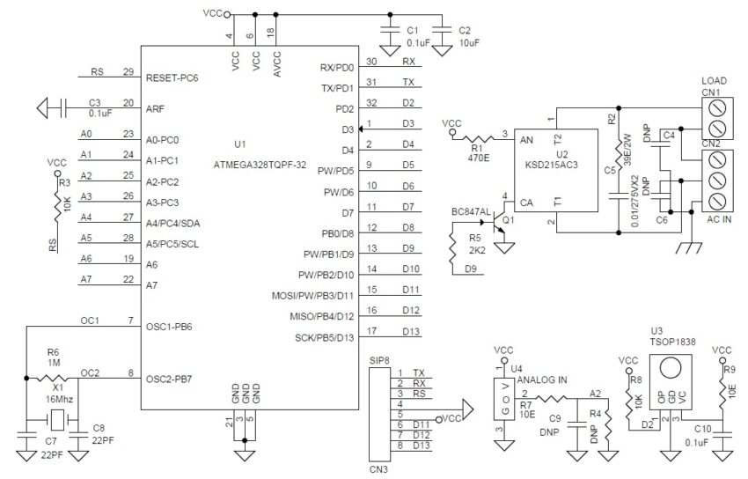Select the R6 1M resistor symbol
coord(55,380)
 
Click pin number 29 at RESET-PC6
coord(128,72)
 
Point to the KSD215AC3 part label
coord(557,165)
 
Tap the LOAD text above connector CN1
coord(714,80)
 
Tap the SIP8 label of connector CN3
coord(379,360)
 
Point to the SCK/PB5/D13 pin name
coord(324,337)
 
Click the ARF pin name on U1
coord(156,109)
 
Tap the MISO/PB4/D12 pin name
coord(321,316)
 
